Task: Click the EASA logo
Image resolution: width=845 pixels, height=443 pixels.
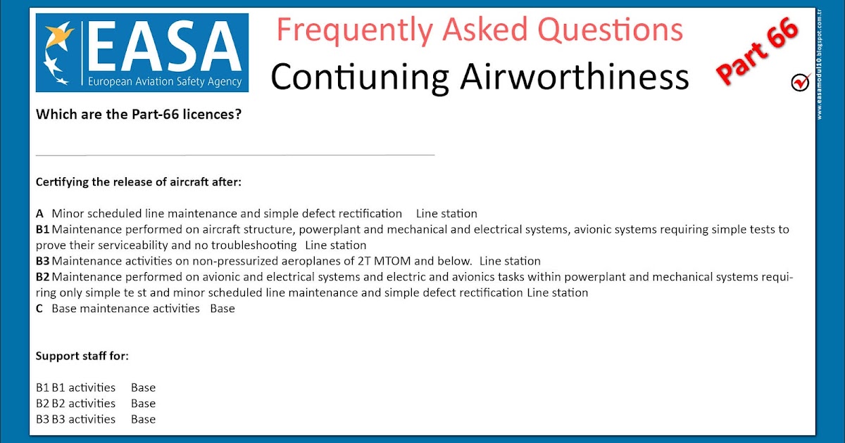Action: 142,53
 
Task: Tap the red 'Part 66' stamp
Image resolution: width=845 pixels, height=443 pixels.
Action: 758,51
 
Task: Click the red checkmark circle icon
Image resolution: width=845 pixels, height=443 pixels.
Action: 801,82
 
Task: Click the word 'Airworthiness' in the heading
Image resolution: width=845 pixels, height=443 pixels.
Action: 575,77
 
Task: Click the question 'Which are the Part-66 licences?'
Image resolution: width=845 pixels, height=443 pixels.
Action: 139,114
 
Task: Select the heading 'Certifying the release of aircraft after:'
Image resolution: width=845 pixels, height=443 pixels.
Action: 139,182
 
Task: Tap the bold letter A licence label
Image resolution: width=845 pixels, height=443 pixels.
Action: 39,214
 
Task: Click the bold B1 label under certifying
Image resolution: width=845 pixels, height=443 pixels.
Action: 43,229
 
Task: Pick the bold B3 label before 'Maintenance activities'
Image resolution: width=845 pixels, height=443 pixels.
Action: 43,261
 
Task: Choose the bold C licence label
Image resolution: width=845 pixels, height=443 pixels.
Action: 39,309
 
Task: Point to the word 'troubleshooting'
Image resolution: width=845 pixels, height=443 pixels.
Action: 254,245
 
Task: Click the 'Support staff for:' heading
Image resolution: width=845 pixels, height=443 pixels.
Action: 82,356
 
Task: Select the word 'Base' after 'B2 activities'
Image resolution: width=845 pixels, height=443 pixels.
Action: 144,404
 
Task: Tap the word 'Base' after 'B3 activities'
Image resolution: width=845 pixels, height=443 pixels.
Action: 144,419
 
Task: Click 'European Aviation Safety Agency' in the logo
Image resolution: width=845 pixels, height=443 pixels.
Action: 165,82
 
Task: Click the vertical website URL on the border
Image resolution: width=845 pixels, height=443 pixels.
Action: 820,65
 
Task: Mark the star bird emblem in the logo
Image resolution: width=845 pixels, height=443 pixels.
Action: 58,53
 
